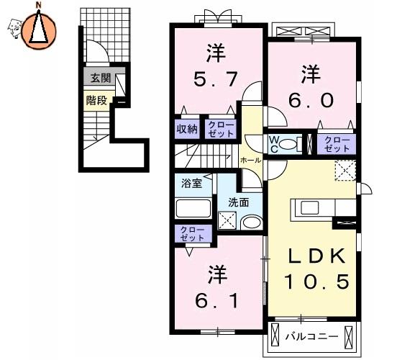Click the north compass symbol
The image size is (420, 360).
click(39, 30)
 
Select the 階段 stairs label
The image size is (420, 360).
click(96, 101)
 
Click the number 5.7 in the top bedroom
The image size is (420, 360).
click(215, 79)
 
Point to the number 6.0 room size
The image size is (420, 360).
click(311, 100)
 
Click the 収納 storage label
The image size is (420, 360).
click(187, 130)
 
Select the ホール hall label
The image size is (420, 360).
click(251, 161)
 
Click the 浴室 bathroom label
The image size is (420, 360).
click(192, 184)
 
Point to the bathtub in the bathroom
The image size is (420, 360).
click(193, 208)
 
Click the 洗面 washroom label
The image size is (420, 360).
click(238, 202)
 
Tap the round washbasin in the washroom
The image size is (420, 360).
click(252, 222)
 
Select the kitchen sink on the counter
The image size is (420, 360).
click(310, 208)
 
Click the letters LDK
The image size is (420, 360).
click(316, 256)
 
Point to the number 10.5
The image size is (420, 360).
click(317, 282)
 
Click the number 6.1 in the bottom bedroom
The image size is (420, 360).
click(216, 301)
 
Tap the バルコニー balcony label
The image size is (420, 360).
click(311, 336)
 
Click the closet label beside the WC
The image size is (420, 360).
click(337, 145)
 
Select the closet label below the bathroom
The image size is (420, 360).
click(192, 234)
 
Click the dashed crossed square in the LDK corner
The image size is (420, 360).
click(345, 171)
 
